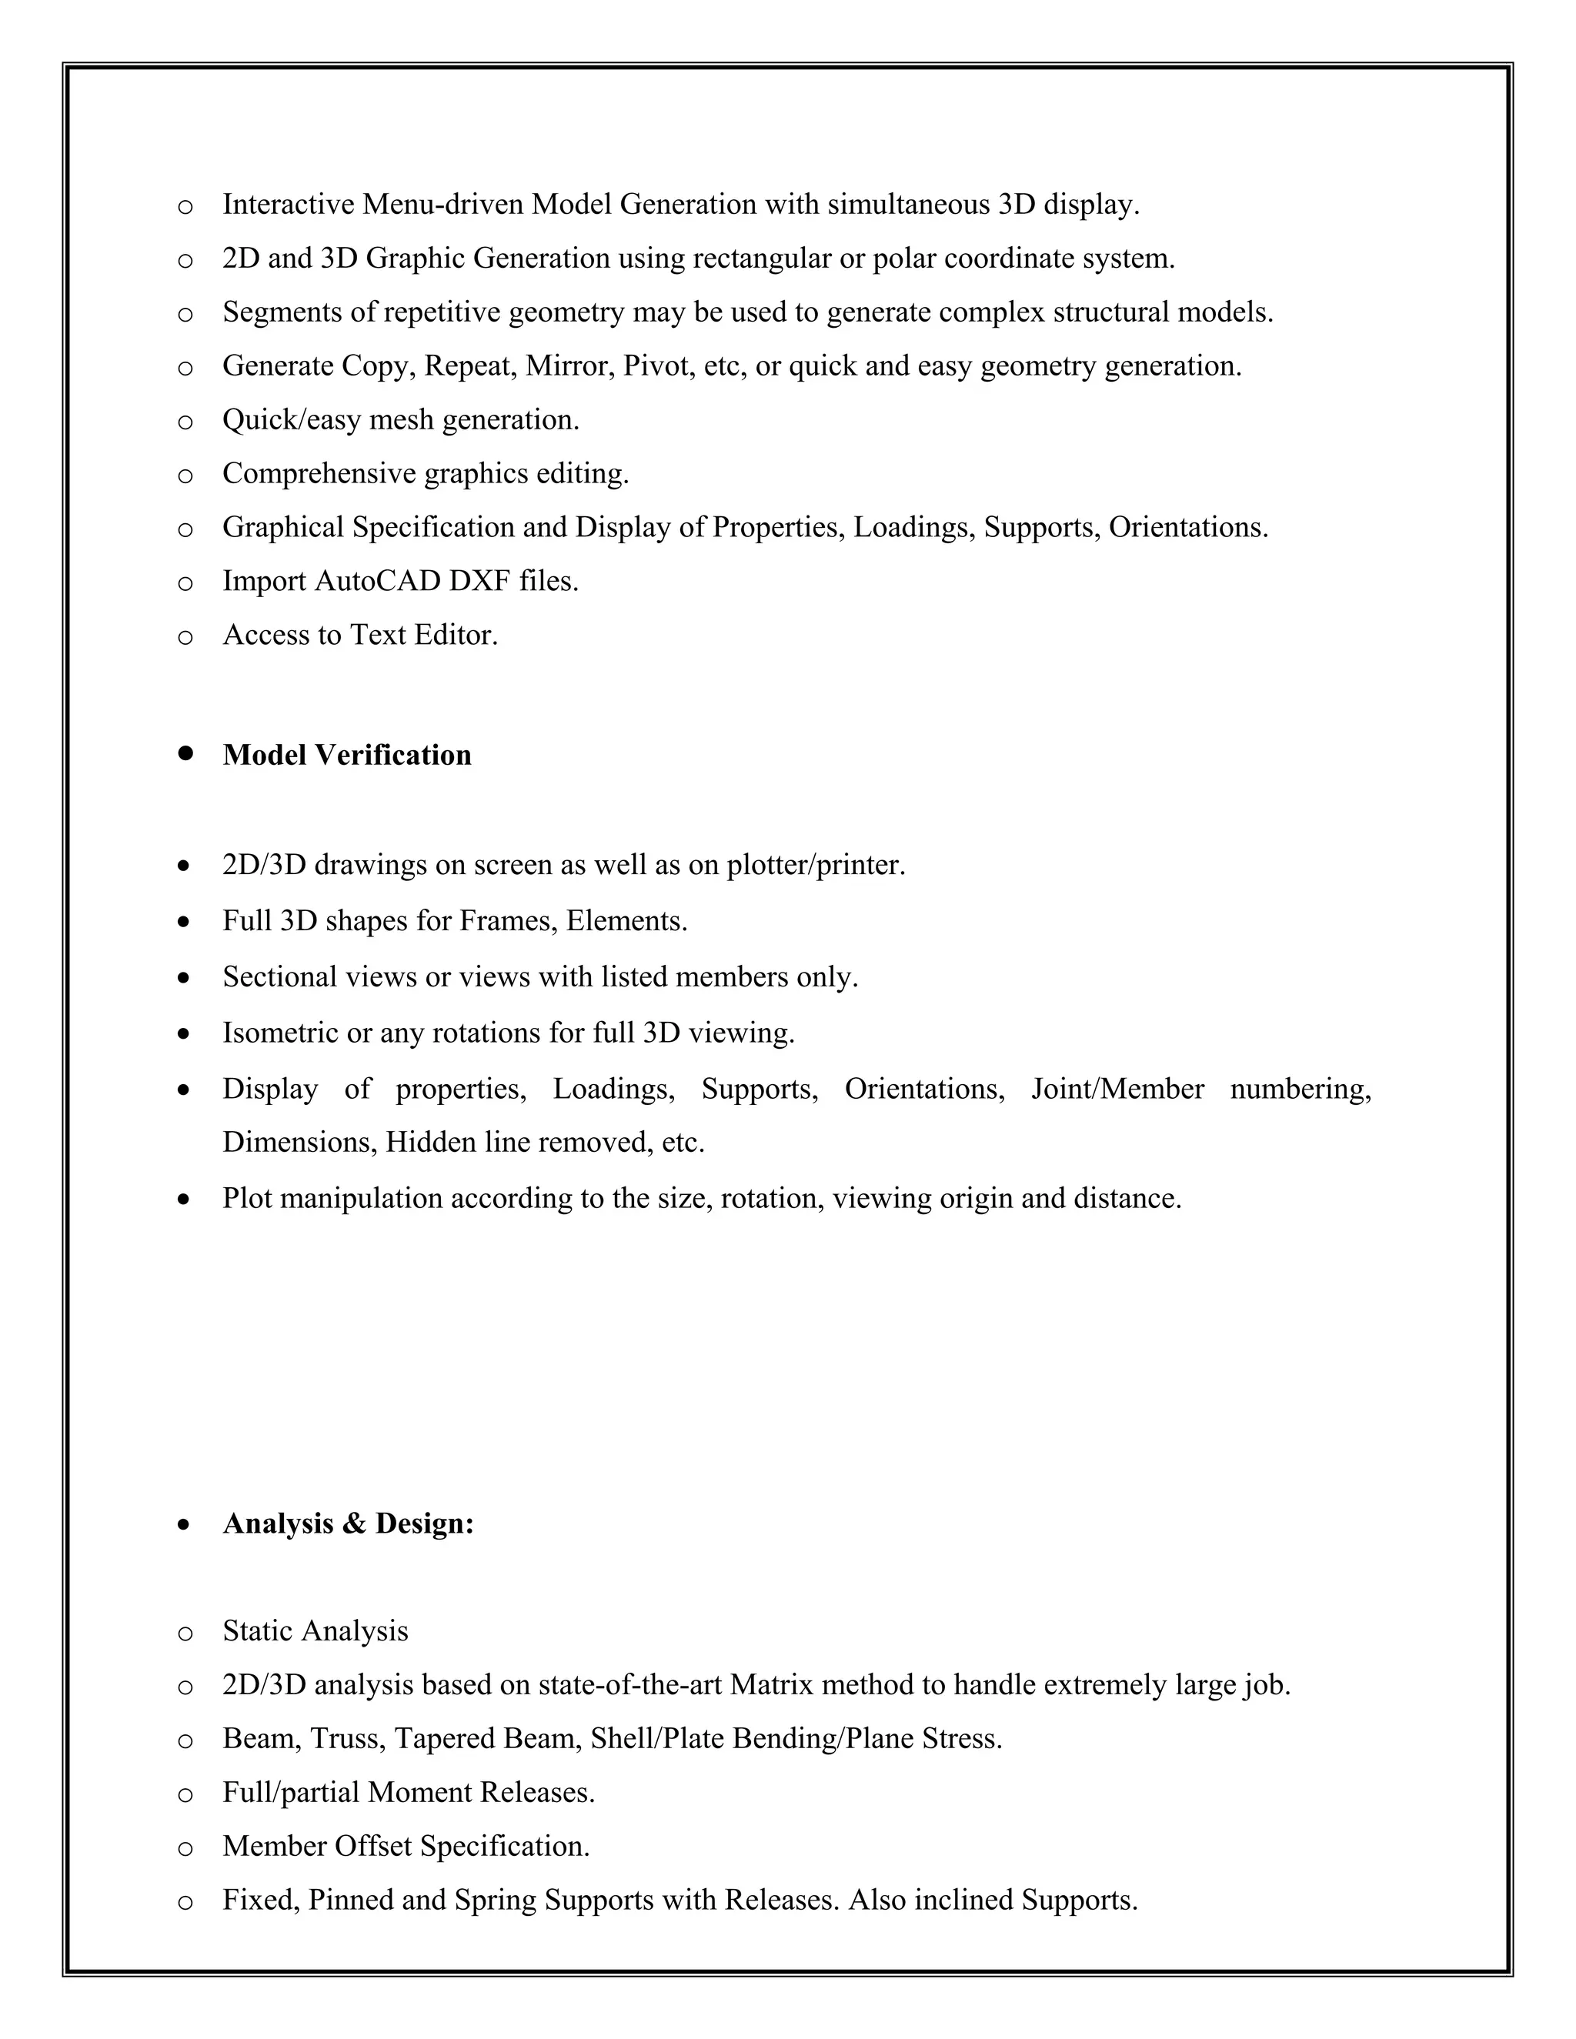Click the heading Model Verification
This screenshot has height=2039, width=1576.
click(346, 756)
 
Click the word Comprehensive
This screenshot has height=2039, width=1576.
click(319, 474)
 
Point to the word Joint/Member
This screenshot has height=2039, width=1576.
click(1117, 1090)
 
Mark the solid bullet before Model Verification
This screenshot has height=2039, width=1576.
click(185, 753)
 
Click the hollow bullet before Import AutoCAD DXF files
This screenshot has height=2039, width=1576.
click(185, 583)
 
